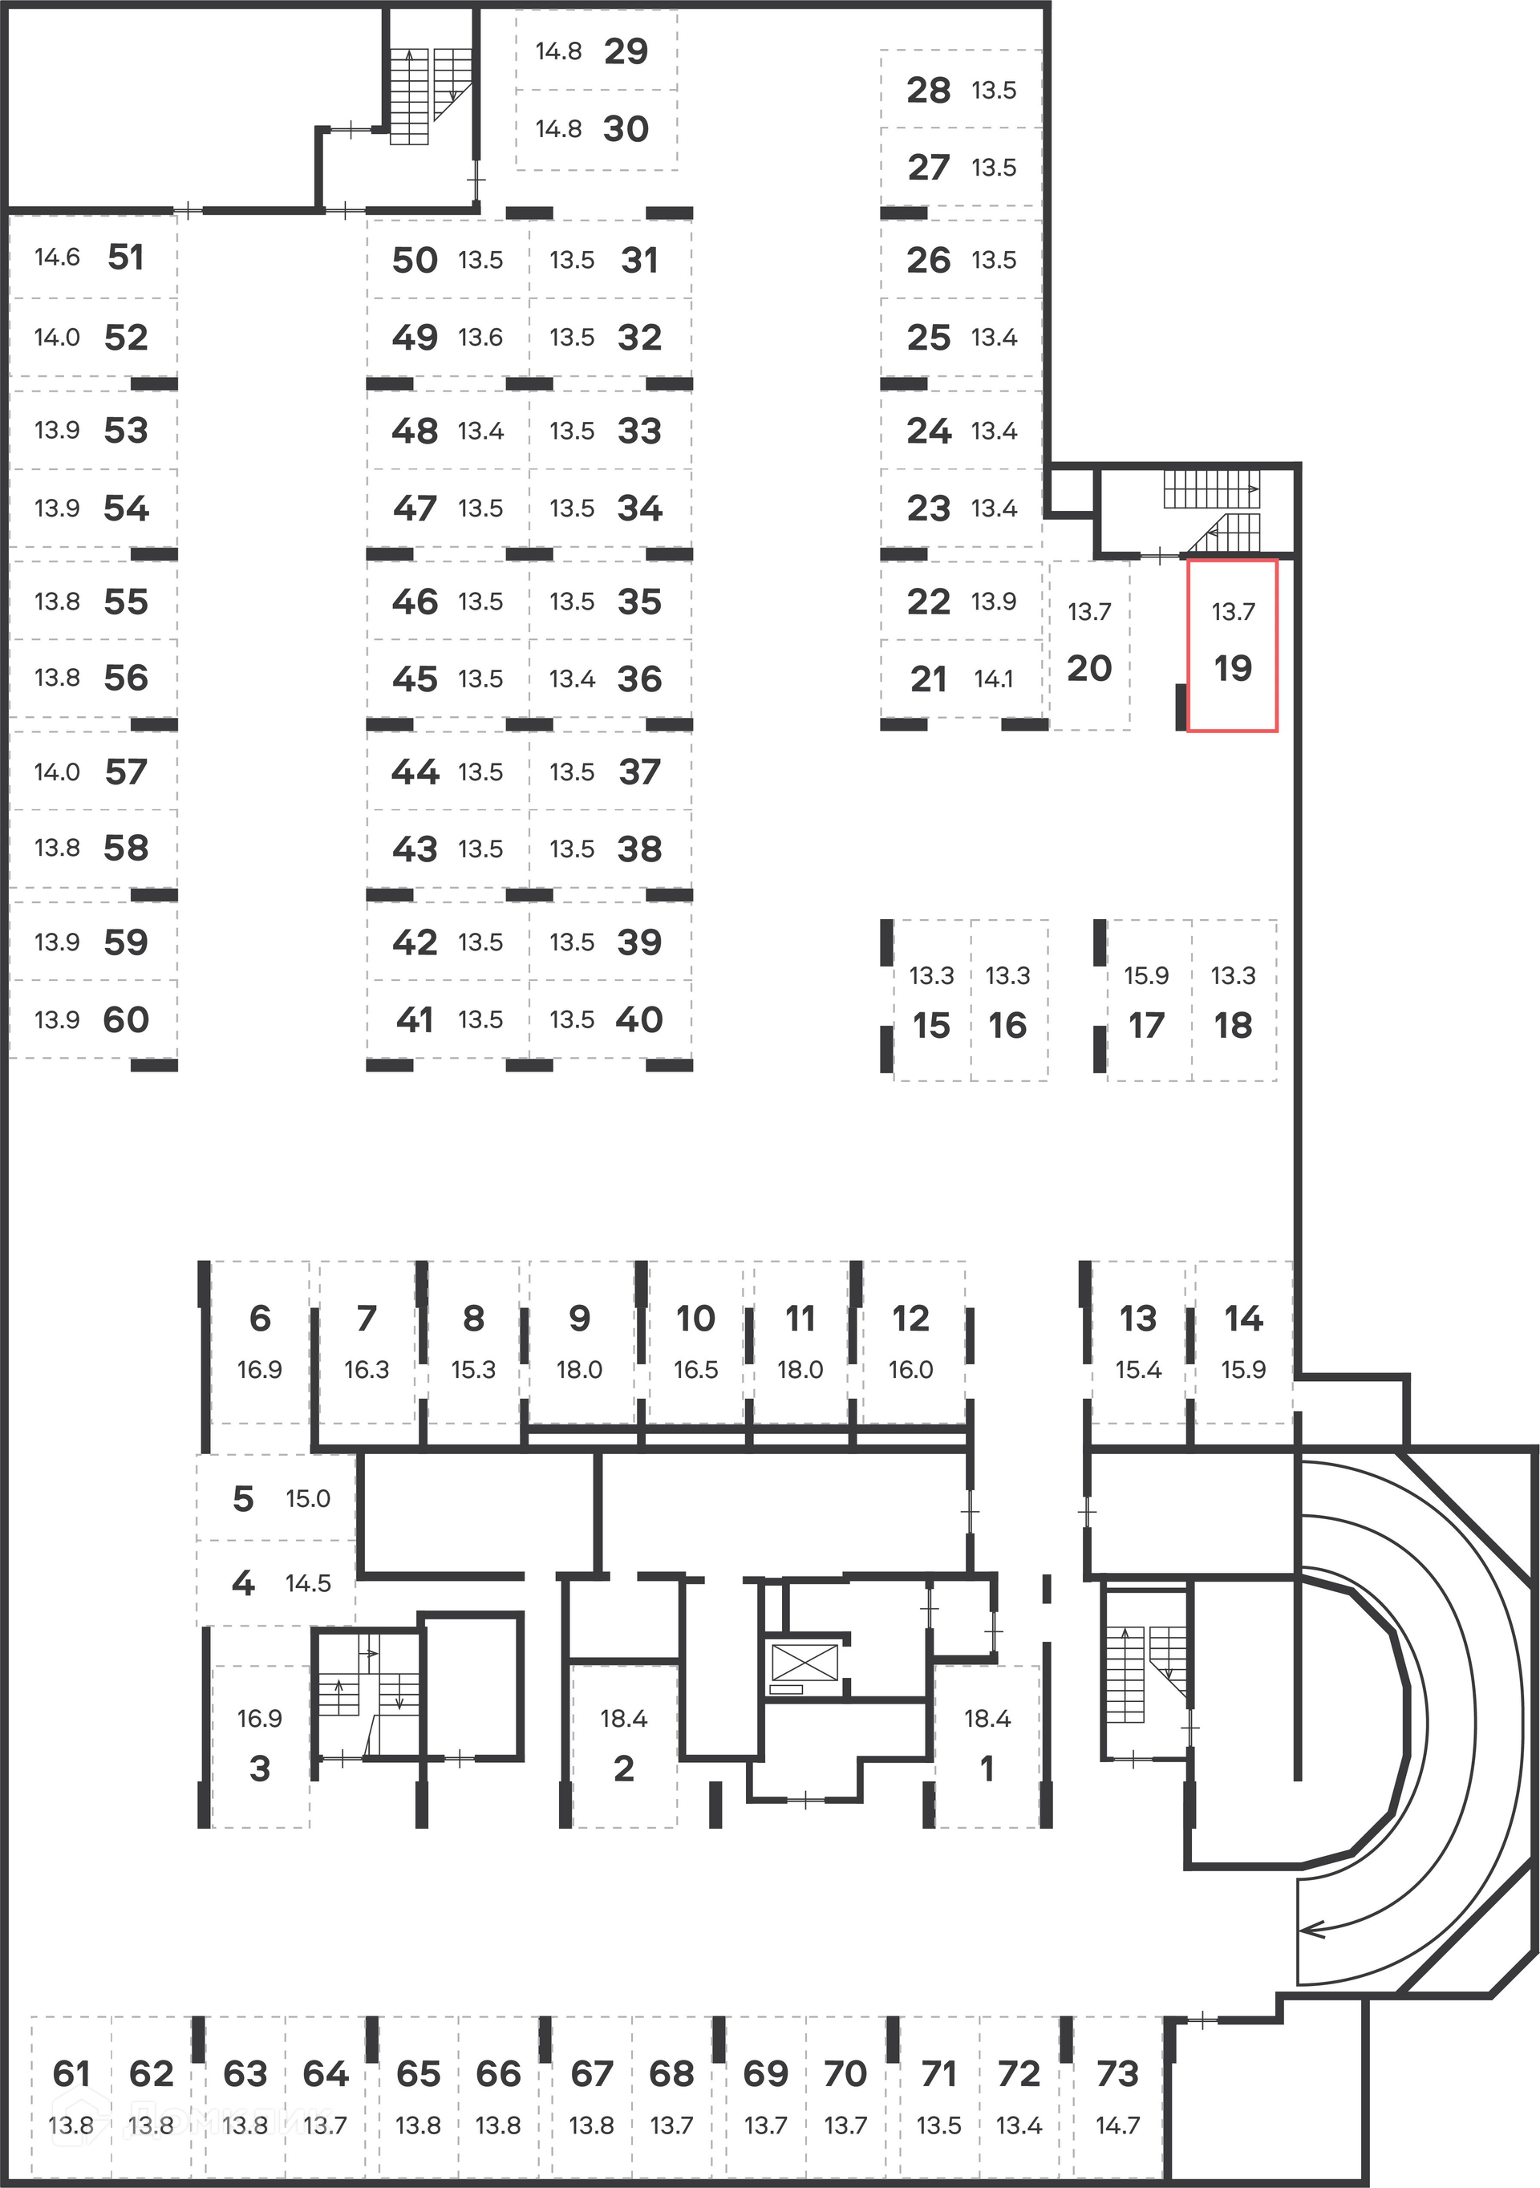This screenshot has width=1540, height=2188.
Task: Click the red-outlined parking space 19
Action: click(1232, 645)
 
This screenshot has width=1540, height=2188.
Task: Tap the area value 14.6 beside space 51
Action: click(57, 257)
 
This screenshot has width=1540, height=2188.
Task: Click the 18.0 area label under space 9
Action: click(579, 1369)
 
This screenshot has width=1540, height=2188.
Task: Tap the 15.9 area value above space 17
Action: click(1145, 974)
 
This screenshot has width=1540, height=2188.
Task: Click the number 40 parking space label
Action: click(639, 1019)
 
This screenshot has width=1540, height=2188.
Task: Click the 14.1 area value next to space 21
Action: click(993, 679)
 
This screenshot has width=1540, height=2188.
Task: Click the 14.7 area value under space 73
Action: click(1116, 2125)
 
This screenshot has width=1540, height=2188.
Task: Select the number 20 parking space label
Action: click(1089, 668)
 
